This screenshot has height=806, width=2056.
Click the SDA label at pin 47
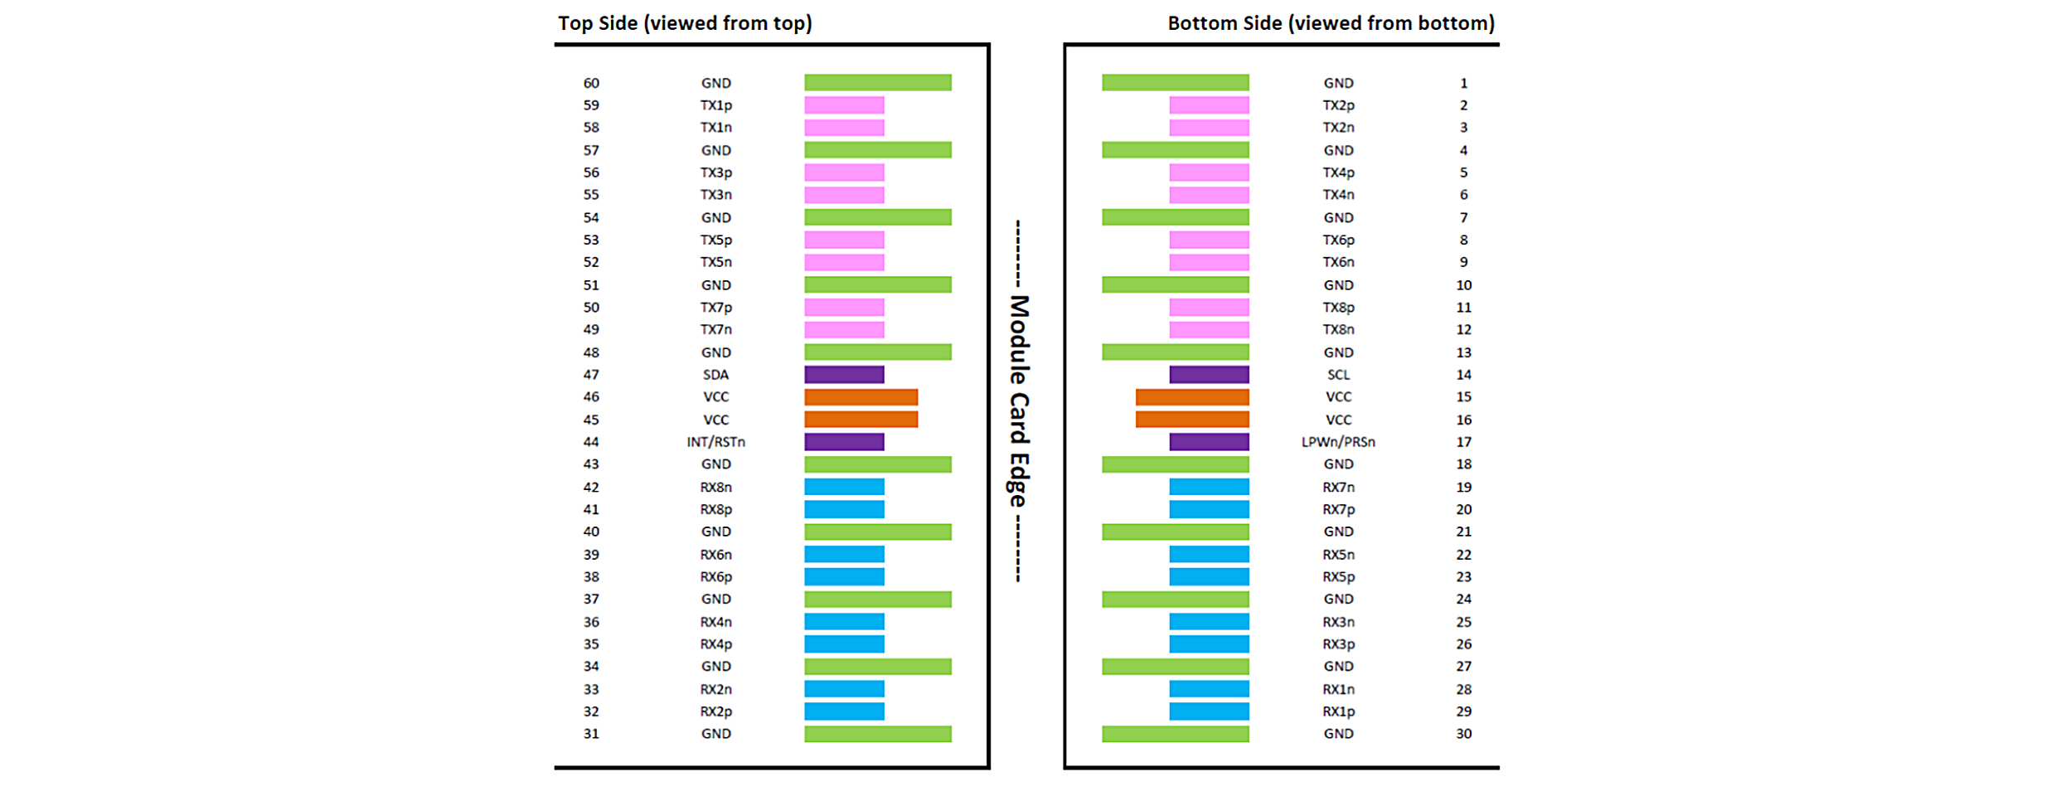click(x=715, y=375)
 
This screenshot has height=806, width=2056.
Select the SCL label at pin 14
click(x=1338, y=375)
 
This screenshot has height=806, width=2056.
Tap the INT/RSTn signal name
click(x=715, y=442)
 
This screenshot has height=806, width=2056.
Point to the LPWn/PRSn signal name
click(x=1338, y=442)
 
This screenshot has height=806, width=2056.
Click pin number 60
click(x=591, y=83)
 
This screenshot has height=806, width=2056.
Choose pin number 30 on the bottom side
click(x=1464, y=734)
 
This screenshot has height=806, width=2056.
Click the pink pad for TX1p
click(x=844, y=105)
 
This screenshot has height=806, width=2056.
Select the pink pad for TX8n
click(x=1209, y=330)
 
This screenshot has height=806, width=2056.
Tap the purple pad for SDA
click(x=844, y=375)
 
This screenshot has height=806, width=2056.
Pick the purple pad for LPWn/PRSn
click(x=1209, y=442)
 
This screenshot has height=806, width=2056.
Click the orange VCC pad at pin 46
click(x=861, y=397)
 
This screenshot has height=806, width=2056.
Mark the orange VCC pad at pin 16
click(x=1192, y=420)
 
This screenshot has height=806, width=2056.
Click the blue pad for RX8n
click(x=844, y=487)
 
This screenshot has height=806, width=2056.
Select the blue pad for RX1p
click(x=1209, y=711)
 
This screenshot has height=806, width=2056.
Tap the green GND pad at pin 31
click(x=878, y=734)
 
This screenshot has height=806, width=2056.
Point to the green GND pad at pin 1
click(x=1176, y=83)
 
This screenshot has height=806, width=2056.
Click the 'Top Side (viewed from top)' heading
click(x=685, y=23)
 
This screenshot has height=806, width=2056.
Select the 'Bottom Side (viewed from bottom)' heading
click(x=1331, y=23)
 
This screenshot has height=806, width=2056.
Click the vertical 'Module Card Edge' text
click(x=1019, y=402)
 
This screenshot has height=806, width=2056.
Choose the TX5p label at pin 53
click(x=715, y=240)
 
